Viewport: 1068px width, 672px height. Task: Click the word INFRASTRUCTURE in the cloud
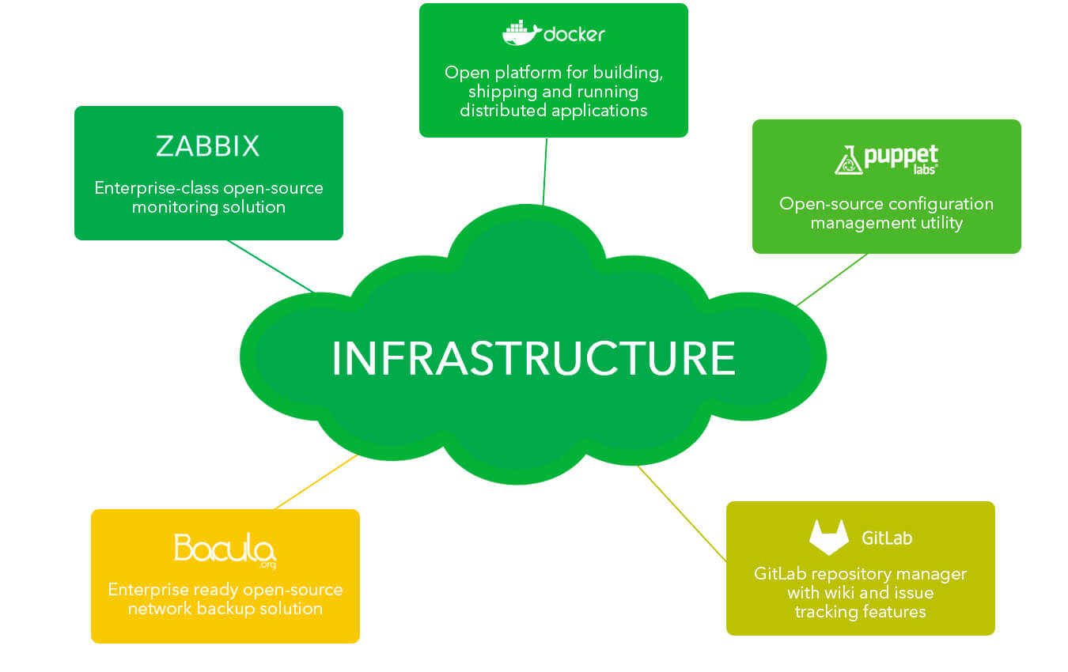coord(533,358)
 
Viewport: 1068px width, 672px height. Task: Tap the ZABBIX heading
coord(208,145)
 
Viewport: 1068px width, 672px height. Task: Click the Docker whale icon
coord(521,33)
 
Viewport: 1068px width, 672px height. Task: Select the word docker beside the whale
coord(574,34)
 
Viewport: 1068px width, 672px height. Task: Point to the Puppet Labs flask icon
coord(849,160)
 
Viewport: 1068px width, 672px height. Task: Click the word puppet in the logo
coord(901,156)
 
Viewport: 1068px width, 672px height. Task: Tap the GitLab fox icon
coord(829,537)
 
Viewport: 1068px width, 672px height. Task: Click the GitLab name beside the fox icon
coord(887,538)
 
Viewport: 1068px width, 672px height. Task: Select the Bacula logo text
coord(225,548)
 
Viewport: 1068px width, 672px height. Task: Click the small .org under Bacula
coord(267,565)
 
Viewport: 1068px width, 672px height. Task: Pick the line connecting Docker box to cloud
coord(545,172)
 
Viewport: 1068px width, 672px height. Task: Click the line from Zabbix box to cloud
coord(271,266)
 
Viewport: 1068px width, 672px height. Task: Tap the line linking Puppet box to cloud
coord(832,279)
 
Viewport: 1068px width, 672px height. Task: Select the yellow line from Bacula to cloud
coord(316,481)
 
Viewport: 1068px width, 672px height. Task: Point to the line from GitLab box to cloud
coord(682,514)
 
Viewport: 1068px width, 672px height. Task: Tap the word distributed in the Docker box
coord(503,111)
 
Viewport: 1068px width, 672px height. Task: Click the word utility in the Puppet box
coord(941,223)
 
